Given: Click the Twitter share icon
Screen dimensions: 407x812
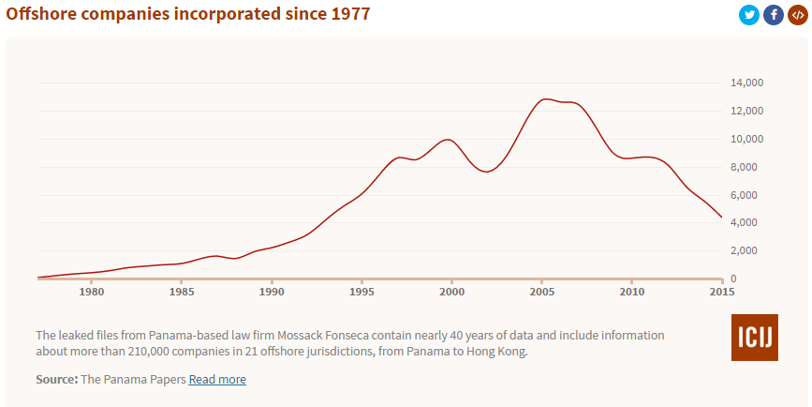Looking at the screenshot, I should click(x=748, y=15).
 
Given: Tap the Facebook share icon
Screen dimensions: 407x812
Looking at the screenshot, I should click(x=773, y=15).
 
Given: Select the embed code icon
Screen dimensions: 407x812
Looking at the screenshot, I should click(x=797, y=15).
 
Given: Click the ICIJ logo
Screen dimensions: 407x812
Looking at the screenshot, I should click(x=754, y=338).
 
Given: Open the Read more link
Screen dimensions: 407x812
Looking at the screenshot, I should click(x=217, y=379).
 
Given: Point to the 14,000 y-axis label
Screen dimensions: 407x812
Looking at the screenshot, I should click(x=747, y=83).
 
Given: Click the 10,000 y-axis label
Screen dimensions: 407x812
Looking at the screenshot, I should click(x=747, y=139).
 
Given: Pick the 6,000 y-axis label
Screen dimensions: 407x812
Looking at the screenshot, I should click(x=750, y=195).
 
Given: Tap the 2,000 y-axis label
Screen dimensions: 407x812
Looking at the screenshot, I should click(x=750, y=250).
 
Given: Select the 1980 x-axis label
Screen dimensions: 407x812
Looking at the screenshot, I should click(x=92, y=292).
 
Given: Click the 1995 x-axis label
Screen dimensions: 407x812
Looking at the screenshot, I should click(x=362, y=292).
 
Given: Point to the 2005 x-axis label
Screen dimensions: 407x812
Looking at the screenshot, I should click(x=541, y=292).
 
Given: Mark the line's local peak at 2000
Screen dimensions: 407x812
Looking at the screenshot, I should click(x=450, y=140).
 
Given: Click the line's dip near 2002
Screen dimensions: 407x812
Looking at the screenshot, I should click(x=487, y=172).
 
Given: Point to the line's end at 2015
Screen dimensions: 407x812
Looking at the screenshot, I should click(x=721, y=218).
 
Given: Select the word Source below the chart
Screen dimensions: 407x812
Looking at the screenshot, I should click(x=56, y=379).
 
